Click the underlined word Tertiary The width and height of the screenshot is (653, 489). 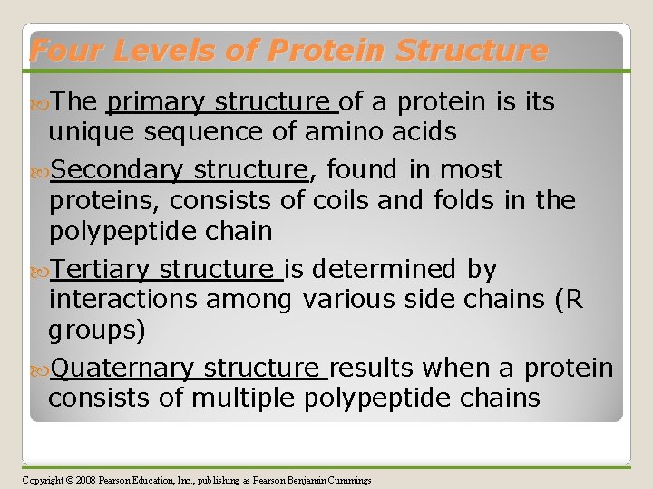click(x=101, y=269)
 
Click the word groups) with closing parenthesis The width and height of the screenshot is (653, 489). click(x=97, y=331)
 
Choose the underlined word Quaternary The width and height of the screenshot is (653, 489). click(x=122, y=369)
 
